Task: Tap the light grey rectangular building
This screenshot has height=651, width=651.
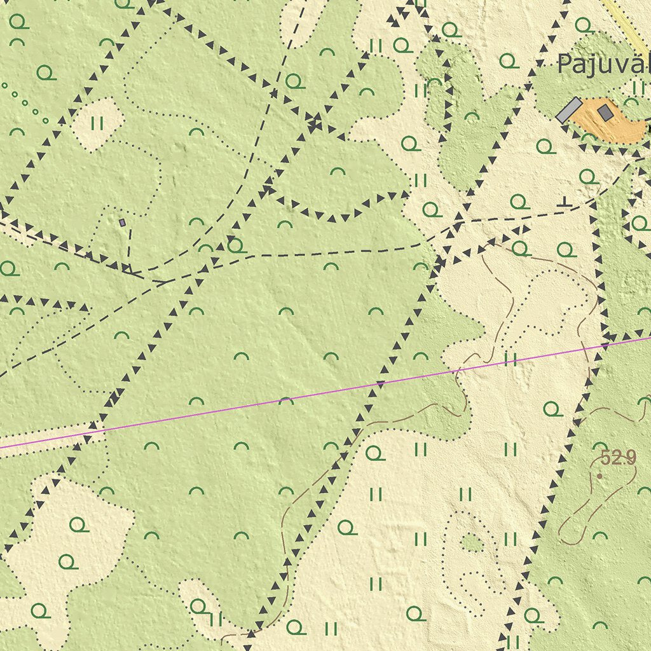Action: [568, 110]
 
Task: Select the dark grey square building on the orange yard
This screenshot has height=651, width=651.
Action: [606, 113]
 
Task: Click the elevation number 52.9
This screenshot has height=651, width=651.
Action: [617, 458]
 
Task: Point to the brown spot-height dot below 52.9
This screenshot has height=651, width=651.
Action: [600, 475]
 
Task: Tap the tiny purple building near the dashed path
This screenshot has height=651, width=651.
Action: [122, 223]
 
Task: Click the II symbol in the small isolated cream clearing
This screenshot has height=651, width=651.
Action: [97, 123]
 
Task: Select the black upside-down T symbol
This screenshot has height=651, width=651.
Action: [563, 202]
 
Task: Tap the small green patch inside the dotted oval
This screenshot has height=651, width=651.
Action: [471, 542]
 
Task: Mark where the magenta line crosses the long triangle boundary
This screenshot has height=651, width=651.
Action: [380, 384]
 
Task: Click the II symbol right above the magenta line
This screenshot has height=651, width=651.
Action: [510, 360]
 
